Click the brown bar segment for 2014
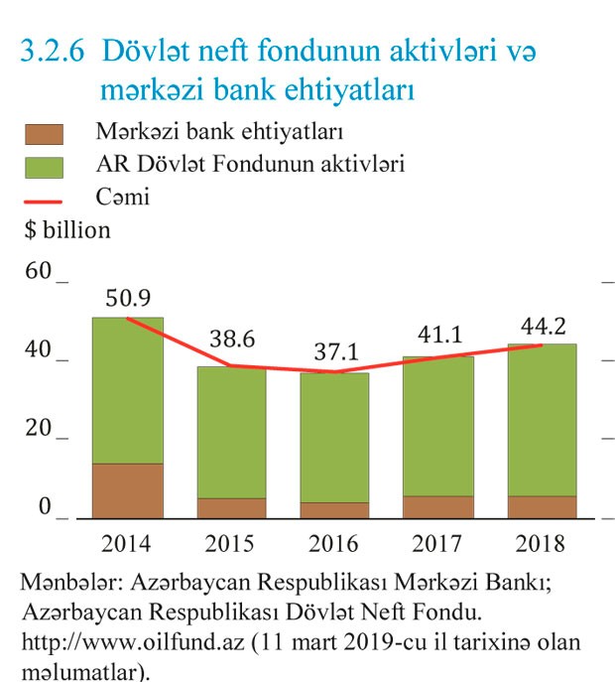(127, 490)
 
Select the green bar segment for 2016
(335, 437)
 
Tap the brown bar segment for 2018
(543, 506)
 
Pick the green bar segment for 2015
(231, 432)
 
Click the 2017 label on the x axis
(438, 543)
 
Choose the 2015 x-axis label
(230, 543)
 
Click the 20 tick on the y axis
(39, 428)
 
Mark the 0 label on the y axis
(45, 507)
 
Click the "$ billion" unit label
(67, 230)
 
